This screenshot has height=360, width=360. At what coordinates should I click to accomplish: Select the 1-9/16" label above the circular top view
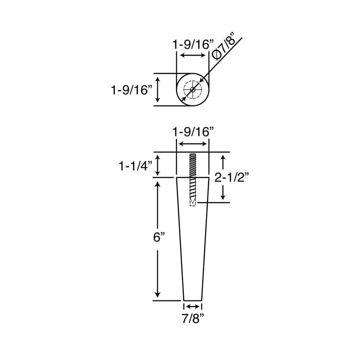[x=191, y=45]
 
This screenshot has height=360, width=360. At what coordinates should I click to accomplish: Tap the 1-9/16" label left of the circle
[x=130, y=90]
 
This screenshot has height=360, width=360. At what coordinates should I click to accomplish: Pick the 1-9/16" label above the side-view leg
[x=191, y=132]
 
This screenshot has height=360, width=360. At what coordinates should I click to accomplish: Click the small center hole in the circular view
[x=193, y=89]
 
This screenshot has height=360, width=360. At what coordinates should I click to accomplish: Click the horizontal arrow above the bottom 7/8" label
[x=193, y=306]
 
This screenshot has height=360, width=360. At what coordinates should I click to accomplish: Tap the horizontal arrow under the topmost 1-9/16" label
[x=193, y=55]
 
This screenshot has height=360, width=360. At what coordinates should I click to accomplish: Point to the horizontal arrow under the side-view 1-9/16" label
[x=193, y=144]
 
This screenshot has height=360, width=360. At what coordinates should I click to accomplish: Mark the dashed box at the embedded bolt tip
[x=193, y=202]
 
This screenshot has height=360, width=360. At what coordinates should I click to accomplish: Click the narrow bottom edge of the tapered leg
[x=193, y=300]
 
